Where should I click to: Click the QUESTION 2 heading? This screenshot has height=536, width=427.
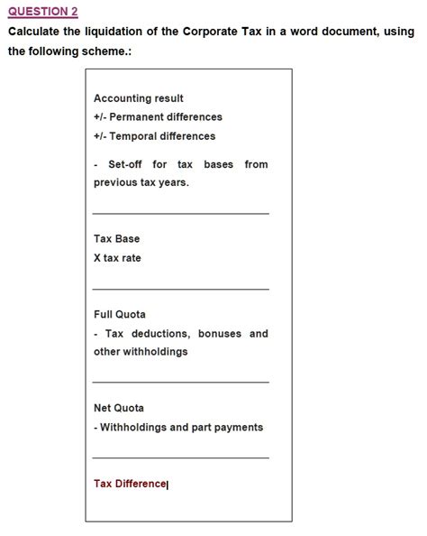point(42,11)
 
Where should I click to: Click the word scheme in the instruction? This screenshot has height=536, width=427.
point(109,51)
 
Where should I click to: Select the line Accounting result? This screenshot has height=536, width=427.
point(139,98)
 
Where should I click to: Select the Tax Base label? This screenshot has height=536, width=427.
point(116,239)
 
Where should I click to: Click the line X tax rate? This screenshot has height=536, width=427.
point(117,258)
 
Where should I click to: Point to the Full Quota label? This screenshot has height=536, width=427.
point(120,315)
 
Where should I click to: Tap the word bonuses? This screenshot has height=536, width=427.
point(220,334)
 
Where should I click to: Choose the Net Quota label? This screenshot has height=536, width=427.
point(119,408)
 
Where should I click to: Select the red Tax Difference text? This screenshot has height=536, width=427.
point(130,484)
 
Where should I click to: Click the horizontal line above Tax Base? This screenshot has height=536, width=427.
point(180,214)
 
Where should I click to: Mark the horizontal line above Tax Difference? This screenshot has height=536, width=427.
point(180,457)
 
